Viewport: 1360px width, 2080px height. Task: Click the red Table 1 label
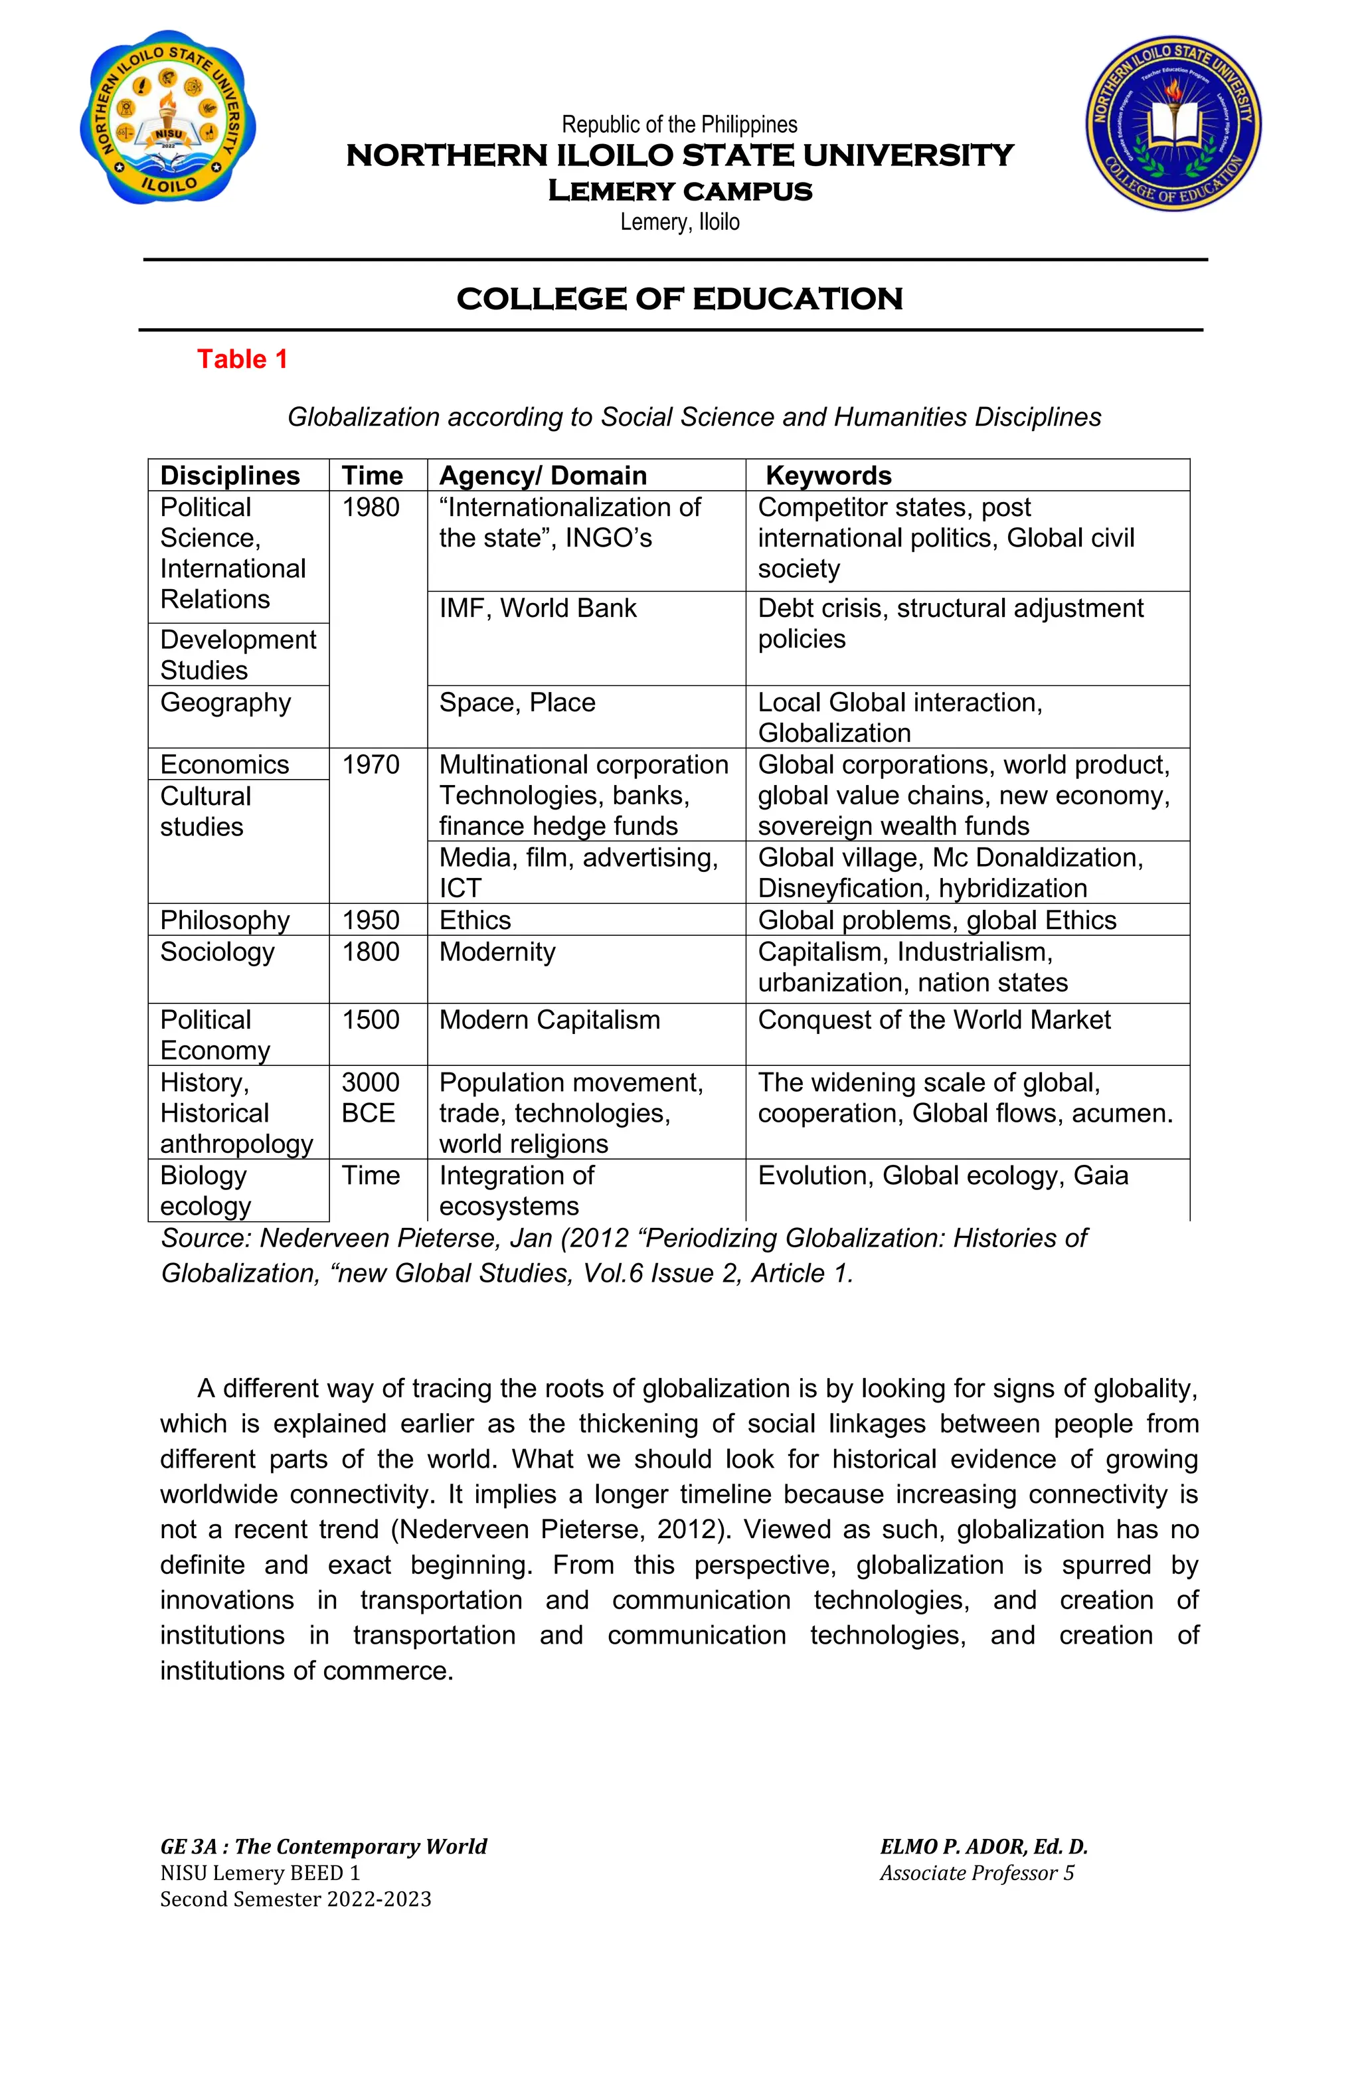[242, 359]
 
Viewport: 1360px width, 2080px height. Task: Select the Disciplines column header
[230, 476]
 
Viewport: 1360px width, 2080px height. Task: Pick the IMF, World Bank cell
[537, 608]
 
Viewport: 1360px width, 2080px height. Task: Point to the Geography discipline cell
[226, 703]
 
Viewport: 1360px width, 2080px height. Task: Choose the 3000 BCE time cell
[371, 1098]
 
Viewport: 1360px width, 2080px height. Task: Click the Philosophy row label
[224, 920]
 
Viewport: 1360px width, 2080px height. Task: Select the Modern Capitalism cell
[549, 1020]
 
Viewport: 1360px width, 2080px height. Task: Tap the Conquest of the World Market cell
[934, 1020]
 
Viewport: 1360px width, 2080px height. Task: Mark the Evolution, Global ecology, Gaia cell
[942, 1175]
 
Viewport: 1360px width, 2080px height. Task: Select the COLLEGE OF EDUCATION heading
[679, 299]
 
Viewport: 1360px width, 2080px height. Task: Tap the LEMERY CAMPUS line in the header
[679, 191]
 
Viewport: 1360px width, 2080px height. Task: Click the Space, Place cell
[517, 703]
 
